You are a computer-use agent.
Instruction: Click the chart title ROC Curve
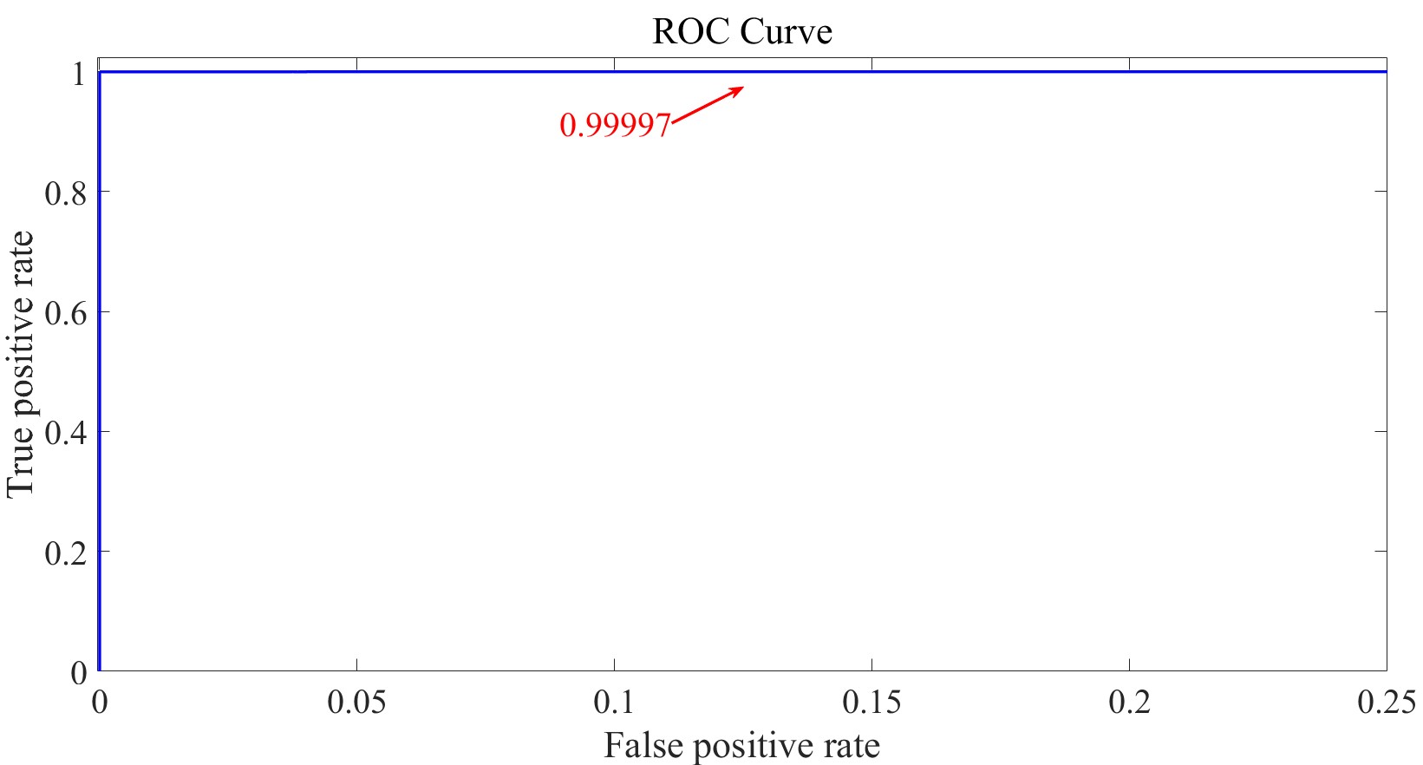(x=742, y=32)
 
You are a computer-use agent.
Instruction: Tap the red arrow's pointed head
(x=741, y=88)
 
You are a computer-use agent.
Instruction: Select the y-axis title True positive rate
(x=21, y=364)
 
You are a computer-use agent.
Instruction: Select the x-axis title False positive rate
(x=742, y=746)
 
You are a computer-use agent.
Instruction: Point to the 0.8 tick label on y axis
(x=66, y=192)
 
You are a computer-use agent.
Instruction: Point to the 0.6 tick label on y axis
(x=66, y=312)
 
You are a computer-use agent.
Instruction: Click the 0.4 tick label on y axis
(x=66, y=432)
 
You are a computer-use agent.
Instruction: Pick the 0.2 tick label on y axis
(x=66, y=552)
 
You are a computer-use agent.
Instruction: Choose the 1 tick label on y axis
(x=79, y=74)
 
